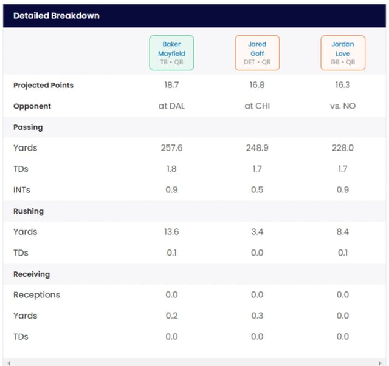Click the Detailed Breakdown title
(x=57, y=16)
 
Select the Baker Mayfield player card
(x=171, y=53)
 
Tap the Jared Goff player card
(x=257, y=53)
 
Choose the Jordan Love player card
(x=343, y=53)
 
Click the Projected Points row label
(x=43, y=85)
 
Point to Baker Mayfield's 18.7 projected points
(x=171, y=85)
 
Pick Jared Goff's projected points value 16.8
(x=257, y=85)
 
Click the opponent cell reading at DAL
(x=171, y=106)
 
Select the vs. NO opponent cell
(x=343, y=106)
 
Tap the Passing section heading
(x=28, y=127)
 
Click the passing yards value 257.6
(x=171, y=148)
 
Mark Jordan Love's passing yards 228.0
(x=343, y=148)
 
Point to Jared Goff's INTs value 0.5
(x=257, y=190)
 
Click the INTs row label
(x=22, y=190)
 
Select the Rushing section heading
(x=29, y=211)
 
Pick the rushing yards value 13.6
(x=171, y=232)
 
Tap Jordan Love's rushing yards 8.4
(x=343, y=232)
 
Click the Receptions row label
(x=36, y=295)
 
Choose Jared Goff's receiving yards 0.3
(x=257, y=316)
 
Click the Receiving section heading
(x=32, y=274)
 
